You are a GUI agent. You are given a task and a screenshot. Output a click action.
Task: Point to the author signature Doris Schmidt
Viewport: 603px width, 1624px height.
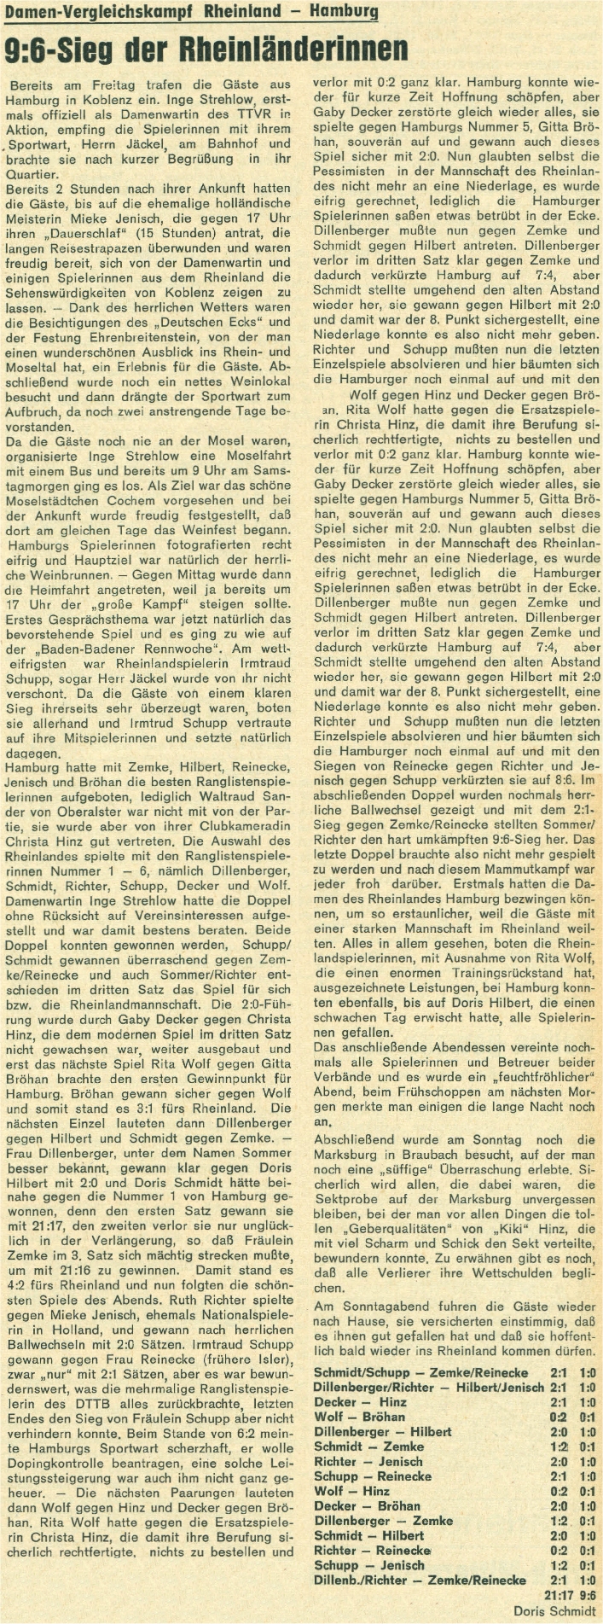(554, 1609)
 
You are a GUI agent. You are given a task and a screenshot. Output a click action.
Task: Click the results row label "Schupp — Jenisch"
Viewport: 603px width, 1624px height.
(368, 1565)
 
